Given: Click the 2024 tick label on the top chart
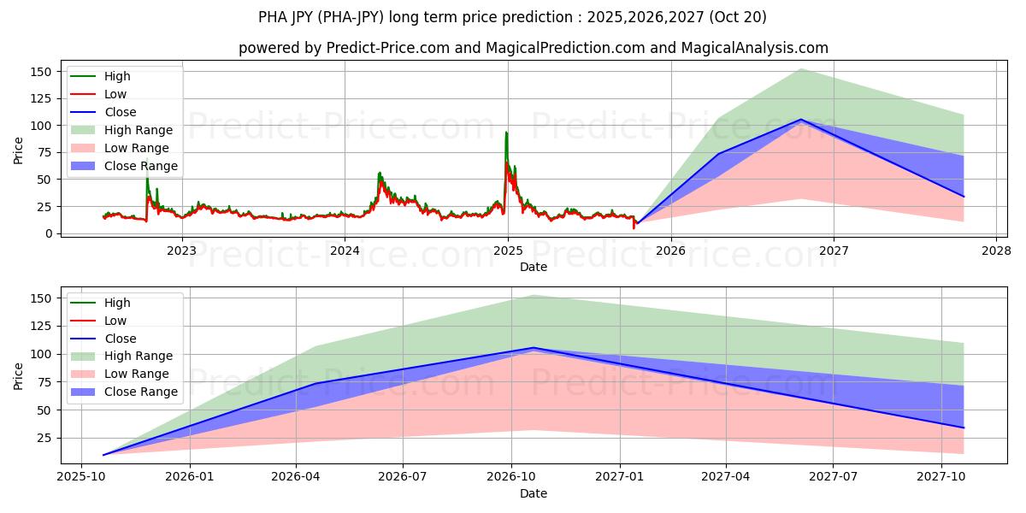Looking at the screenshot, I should [345, 251].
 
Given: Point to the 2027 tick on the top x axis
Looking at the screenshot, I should [834, 251].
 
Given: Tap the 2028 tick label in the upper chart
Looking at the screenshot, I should [997, 251].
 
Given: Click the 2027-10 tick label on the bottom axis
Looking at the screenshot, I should [941, 477].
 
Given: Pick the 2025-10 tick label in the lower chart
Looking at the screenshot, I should [81, 477].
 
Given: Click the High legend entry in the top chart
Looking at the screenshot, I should [117, 76].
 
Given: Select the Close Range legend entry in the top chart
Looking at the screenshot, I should [141, 166].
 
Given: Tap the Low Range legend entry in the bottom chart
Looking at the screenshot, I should [137, 374].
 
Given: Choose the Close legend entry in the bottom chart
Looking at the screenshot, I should [121, 339].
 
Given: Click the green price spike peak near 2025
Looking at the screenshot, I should [506, 133].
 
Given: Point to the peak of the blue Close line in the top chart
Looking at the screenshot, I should [801, 120].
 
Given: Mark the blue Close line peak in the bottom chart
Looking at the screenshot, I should [534, 348].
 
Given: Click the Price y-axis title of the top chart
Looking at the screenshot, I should [19, 150].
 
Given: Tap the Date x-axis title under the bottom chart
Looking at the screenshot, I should [533, 493].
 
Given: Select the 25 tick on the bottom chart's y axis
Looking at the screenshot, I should [44, 438].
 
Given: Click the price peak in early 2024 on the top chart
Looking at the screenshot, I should [380, 173].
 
